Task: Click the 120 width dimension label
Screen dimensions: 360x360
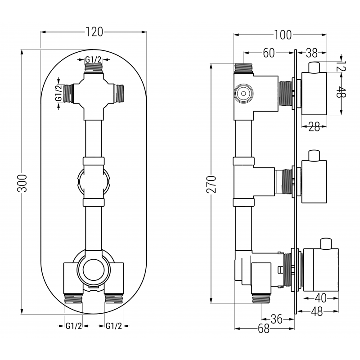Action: point(94,31)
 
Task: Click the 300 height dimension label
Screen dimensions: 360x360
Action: point(22,182)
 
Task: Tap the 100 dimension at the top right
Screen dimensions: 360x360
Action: point(283,35)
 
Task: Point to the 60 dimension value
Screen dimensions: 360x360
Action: point(269,53)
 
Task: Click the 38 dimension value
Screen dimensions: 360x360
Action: point(312,53)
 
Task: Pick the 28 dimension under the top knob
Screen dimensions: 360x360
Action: point(314,127)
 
